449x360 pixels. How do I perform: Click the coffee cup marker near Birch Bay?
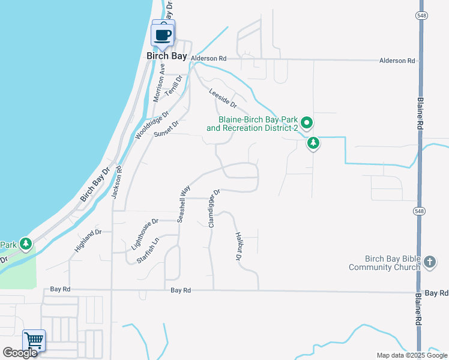pos(163,34)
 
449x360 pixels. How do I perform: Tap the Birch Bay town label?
pos(167,56)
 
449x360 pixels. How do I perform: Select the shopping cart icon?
pos(34,341)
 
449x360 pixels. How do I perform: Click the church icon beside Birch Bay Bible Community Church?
pos(429,262)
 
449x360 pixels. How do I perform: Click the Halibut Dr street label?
pos(238,247)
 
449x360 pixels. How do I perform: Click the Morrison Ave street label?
pos(158,85)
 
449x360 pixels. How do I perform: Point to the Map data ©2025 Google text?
pos(411,355)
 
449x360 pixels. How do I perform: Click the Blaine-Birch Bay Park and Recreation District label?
pos(252,124)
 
